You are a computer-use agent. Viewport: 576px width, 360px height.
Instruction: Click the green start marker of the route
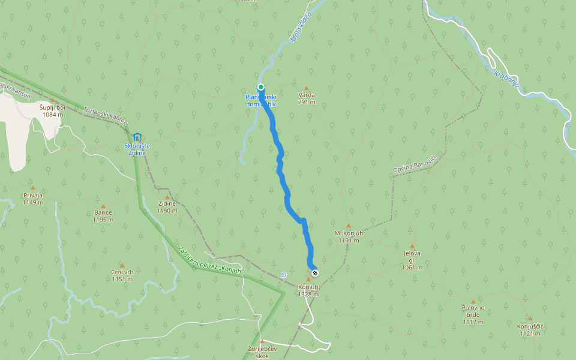261,87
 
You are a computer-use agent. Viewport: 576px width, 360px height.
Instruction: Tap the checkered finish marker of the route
315,273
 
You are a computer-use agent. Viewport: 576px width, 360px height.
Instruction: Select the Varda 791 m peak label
307,98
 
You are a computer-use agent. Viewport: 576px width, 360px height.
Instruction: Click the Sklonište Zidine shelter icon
137,137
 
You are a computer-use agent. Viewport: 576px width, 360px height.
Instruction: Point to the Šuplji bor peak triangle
52,100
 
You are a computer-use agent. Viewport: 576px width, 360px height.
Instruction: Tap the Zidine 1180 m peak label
167,207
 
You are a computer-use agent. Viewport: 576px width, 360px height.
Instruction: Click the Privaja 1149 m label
33,199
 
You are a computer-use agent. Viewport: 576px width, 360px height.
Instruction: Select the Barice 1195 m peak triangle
103,206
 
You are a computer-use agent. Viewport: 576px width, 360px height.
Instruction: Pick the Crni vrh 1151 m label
122,275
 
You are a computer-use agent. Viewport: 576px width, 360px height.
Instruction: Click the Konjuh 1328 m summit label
308,290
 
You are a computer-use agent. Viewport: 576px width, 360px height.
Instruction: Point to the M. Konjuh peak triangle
348,226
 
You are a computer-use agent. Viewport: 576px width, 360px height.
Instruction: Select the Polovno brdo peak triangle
473,302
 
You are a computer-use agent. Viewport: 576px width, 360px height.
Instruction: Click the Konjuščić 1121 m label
530,329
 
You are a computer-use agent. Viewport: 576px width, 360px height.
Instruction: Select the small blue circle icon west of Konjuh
284,275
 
